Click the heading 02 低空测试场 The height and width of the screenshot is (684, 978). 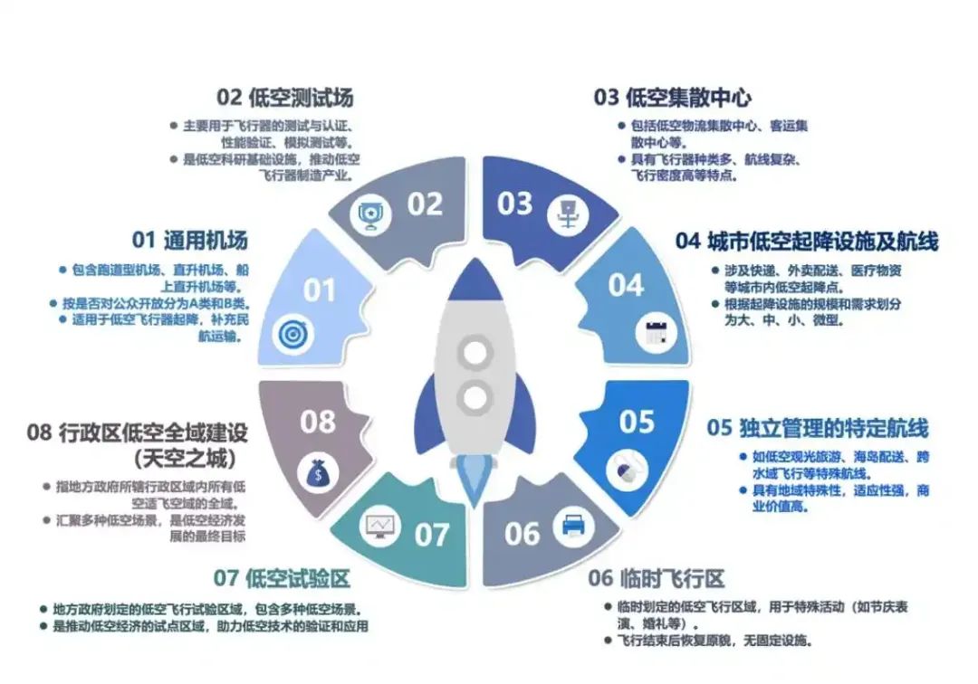coord(285,97)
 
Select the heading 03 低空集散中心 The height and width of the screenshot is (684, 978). coord(672,97)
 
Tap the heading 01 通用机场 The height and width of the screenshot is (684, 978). coord(189,240)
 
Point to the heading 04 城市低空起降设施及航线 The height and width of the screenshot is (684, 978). coord(807,241)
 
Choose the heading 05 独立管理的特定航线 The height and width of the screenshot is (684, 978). coord(818,428)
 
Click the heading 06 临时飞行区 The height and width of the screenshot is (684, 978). coord(657,578)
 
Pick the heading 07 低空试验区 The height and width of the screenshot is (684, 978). coord(282,578)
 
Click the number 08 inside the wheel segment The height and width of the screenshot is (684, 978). coord(318,422)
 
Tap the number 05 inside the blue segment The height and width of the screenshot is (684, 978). coord(637,422)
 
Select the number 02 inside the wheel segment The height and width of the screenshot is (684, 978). coord(425,204)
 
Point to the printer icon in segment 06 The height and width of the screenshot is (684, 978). coord(573,526)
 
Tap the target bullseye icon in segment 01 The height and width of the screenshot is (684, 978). coord(293,335)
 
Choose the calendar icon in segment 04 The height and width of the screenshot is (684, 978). coord(657,332)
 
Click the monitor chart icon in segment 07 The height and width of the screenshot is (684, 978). coord(380,527)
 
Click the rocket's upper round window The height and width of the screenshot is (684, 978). coord(475,353)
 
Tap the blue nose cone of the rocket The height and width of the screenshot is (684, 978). coord(476,281)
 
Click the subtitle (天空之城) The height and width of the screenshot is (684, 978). coord(186,459)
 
